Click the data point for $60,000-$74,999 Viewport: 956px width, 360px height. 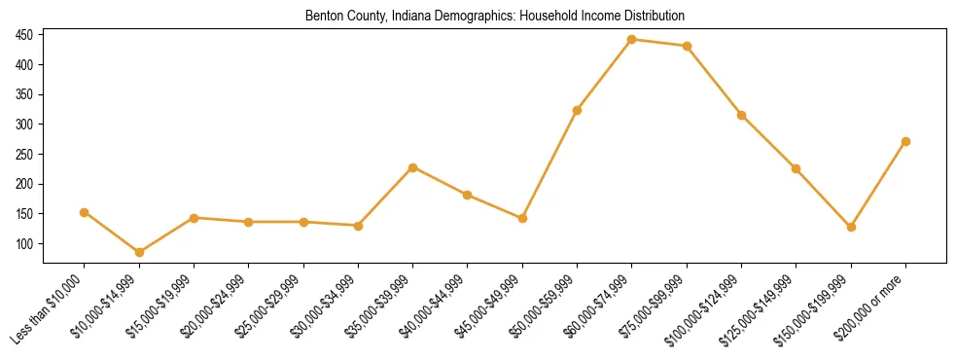tap(632, 40)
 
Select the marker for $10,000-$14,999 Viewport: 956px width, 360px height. tap(139, 252)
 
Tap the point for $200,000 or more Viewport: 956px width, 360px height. tap(905, 141)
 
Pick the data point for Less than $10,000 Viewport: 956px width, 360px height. tap(85, 212)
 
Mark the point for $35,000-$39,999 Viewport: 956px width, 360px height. tap(413, 167)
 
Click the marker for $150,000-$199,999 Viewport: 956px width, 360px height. tap(851, 227)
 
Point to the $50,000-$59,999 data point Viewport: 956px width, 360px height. tap(577, 110)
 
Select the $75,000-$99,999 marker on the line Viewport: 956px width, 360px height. tap(687, 46)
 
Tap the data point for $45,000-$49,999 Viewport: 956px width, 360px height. tap(522, 218)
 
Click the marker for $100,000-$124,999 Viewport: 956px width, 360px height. tap(741, 115)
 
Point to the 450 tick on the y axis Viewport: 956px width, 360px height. tap(25, 35)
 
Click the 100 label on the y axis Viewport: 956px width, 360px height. tap(25, 243)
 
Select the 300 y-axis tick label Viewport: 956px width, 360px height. tap(25, 125)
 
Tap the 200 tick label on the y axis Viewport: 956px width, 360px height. tap(25, 184)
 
